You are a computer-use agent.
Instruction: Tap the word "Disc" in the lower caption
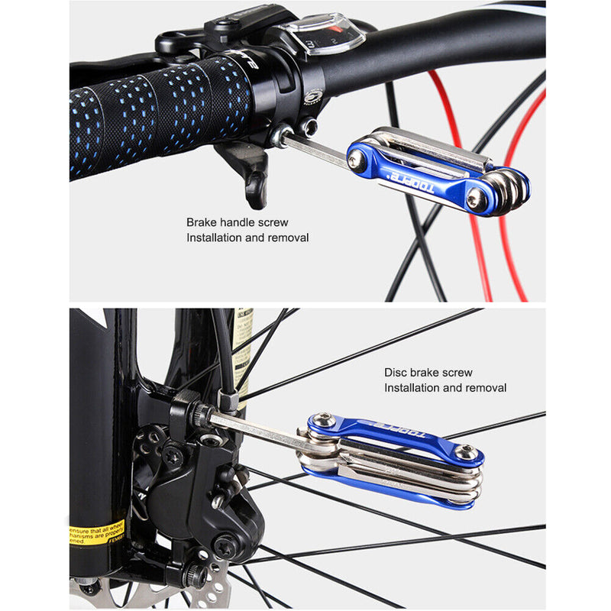[x=395, y=373]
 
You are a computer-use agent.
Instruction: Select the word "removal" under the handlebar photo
[x=287, y=238]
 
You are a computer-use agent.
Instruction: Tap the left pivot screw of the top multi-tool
[x=356, y=159]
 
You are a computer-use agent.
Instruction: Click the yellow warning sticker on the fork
[x=96, y=532]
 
